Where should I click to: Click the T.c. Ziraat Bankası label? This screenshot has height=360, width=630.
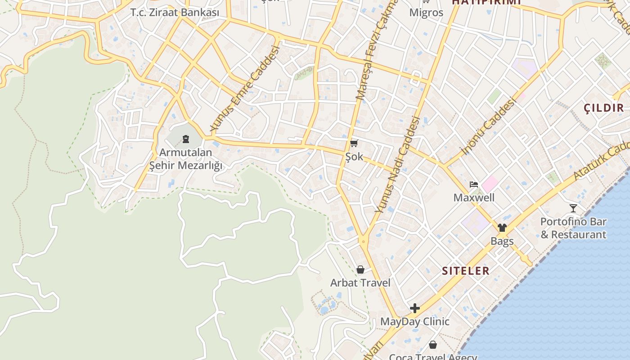[x=175, y=12]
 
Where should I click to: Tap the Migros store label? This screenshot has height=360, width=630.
[x=426, y=12]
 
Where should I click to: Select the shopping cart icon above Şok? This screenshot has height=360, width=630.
[x=354, y=144]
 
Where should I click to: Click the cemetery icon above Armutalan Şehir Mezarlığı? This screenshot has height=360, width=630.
[x=185, y=139]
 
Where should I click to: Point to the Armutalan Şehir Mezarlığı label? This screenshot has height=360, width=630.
[x=186, y=159]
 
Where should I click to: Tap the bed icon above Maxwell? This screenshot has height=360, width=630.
[x=473, y=184]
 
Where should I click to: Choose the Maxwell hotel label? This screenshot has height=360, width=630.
[x=474, y=198]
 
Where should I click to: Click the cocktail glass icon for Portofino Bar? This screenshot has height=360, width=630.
[x=573, y=208]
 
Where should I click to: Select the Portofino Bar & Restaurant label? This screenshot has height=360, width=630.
[x=573, y=228]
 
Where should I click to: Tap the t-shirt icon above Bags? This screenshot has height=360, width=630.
[x=502, y=228]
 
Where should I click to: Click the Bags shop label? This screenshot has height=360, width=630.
[x=502, y=241]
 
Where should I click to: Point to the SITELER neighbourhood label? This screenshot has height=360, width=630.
[x=465, y=271]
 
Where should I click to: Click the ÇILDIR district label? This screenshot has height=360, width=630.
[x=603, y=108]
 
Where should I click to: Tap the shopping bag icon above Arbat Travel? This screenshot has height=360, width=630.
[x=360, y=270]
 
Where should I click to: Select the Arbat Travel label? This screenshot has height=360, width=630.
[x=360, y=283]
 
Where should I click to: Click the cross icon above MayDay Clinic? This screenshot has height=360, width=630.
[x=414, y=308]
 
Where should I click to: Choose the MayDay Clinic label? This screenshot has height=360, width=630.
[x=414, y=321]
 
